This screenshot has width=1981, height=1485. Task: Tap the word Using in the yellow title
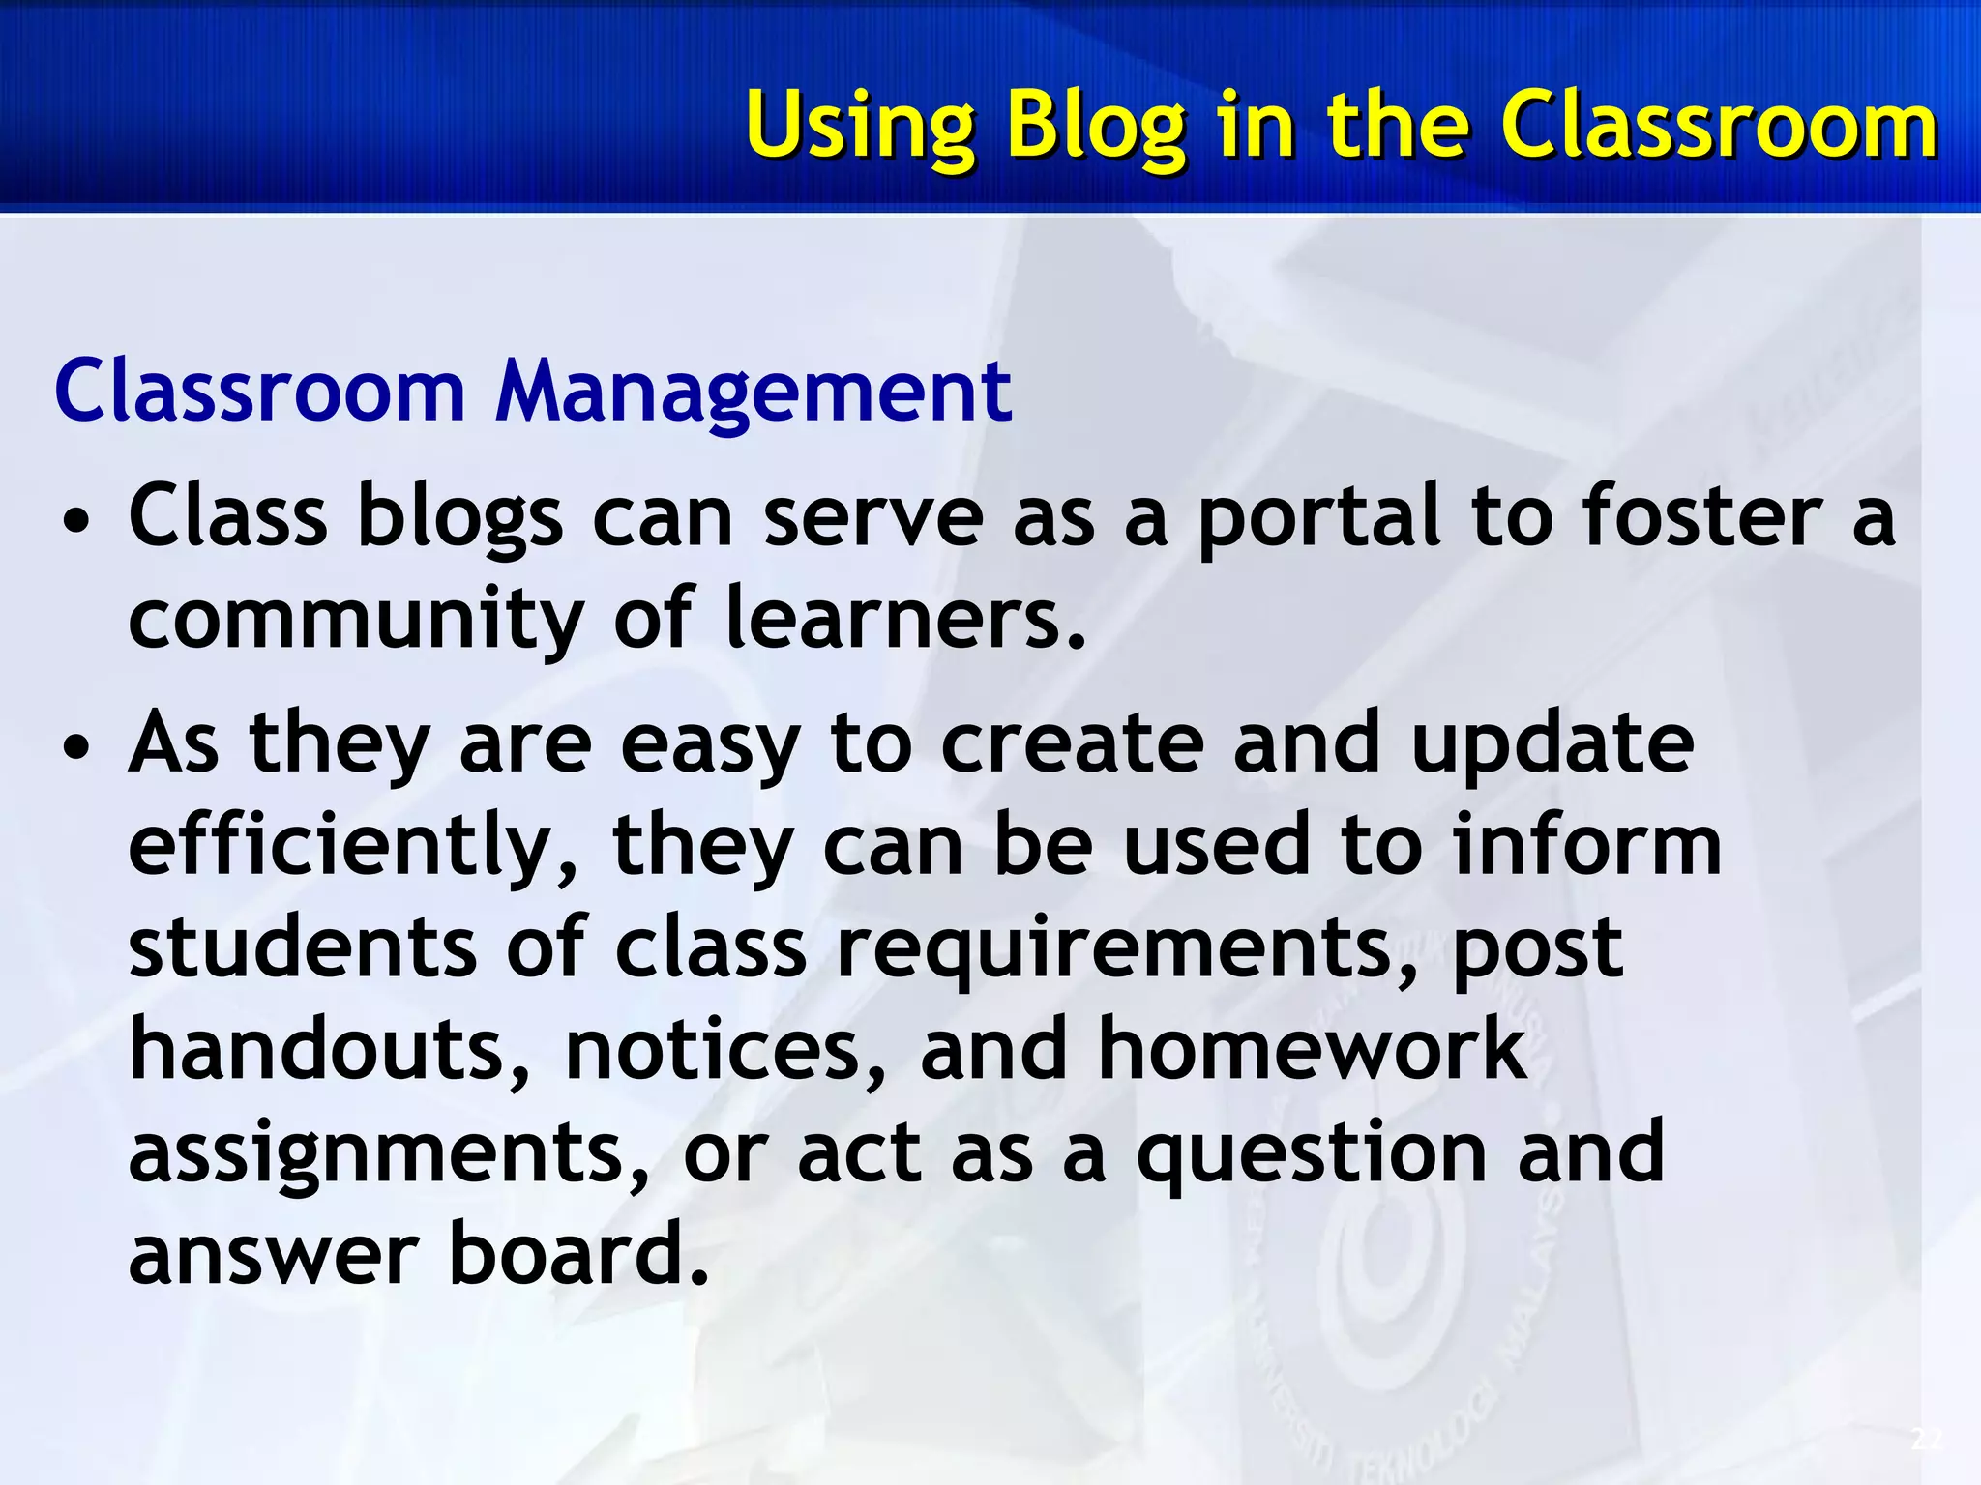(860, 126)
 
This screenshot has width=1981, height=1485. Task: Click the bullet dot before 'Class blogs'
(76, 523)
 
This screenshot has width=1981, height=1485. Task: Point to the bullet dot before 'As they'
(76, 749)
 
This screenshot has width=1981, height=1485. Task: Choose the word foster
(1701, 517)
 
